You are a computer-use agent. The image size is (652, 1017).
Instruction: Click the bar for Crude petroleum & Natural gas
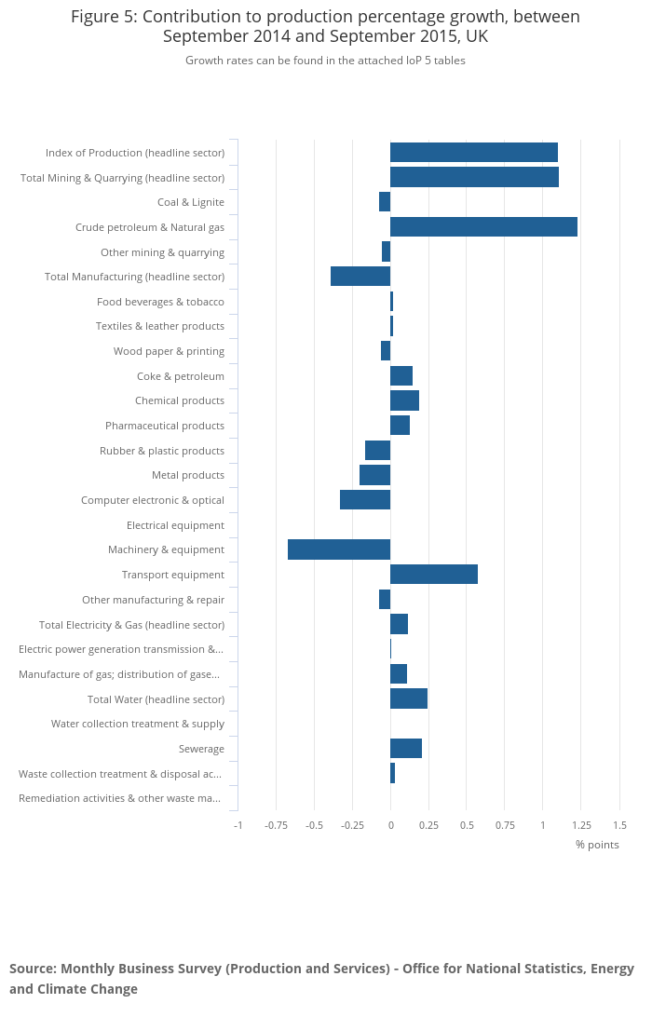point(483,226)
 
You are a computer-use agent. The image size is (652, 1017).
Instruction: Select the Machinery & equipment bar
point(339,549)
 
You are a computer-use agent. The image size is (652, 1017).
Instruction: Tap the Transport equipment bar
point(434,575)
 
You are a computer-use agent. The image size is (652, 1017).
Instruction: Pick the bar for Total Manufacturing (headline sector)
point(360,277)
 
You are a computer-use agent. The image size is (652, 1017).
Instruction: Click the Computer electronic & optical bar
point(365,500)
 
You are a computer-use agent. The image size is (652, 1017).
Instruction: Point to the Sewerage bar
point(406,749)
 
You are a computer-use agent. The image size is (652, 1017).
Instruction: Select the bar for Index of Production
point(474,153)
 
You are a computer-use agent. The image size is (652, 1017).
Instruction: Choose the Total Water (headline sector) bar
point(409,698)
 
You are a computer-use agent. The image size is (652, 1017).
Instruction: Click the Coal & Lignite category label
point(191,202)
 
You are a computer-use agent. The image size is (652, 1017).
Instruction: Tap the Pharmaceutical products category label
point(165,426)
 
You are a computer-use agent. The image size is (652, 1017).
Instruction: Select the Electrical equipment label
point(175,525)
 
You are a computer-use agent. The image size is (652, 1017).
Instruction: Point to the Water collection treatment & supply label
point(138,724)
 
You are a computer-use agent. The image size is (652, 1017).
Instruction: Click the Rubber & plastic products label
point(162,451)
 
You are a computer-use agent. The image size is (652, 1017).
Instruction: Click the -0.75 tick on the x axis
point(276,825)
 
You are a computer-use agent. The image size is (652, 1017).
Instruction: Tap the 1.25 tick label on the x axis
point(581,825)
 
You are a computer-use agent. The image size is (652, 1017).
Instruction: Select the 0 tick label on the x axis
point(390,825)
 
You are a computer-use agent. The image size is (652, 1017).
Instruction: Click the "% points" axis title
point(597,845)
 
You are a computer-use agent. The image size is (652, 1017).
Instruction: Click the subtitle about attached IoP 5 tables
point(325,61)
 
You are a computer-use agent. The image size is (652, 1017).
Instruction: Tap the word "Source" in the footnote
point(33,969)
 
